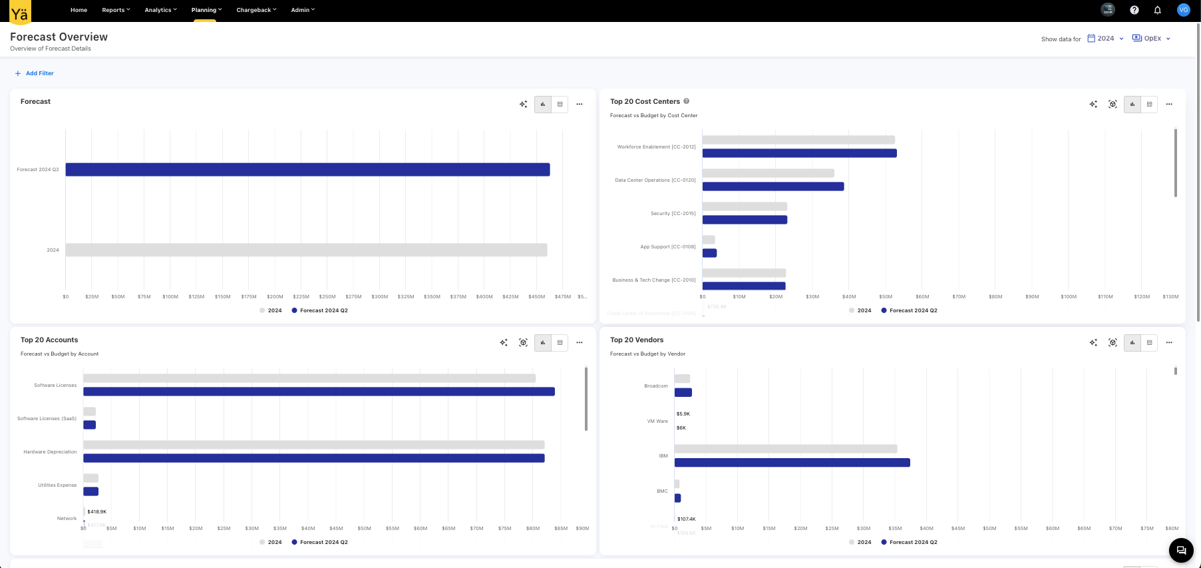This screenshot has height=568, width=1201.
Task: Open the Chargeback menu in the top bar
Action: tap(256, 10)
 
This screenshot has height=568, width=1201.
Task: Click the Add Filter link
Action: tap(39, 73)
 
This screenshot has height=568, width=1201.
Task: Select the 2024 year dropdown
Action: tap(1105, 39)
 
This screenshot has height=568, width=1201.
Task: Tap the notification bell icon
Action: tap(1157, 10)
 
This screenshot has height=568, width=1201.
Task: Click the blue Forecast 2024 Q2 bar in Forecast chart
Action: tap(307, 170)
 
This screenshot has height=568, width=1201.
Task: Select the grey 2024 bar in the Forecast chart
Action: tap(306, 250)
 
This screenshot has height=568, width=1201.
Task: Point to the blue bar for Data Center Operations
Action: tap(772, 186)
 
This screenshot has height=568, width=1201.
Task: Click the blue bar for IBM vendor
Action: tap(792, 462)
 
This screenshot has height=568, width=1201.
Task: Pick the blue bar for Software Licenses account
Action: tap(319, 392)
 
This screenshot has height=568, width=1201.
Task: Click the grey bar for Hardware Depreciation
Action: tap(313, 445)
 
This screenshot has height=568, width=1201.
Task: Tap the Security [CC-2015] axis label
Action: tap(673, 214)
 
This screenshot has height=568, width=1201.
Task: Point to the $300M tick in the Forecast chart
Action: tap(379, 297)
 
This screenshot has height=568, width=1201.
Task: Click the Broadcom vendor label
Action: tap(655, 386)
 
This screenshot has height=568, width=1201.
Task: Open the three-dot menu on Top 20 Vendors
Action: tap(1169, 342)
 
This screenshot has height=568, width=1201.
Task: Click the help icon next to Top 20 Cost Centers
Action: tap(686, 101)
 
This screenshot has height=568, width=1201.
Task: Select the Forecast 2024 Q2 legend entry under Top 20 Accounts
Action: tap(323, 542)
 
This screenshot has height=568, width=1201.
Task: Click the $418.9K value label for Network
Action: tap(97, 511)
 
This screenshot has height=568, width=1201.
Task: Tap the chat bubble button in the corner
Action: tap(1181, 550)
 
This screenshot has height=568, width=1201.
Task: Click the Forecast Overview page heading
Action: tap(59, 37)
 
